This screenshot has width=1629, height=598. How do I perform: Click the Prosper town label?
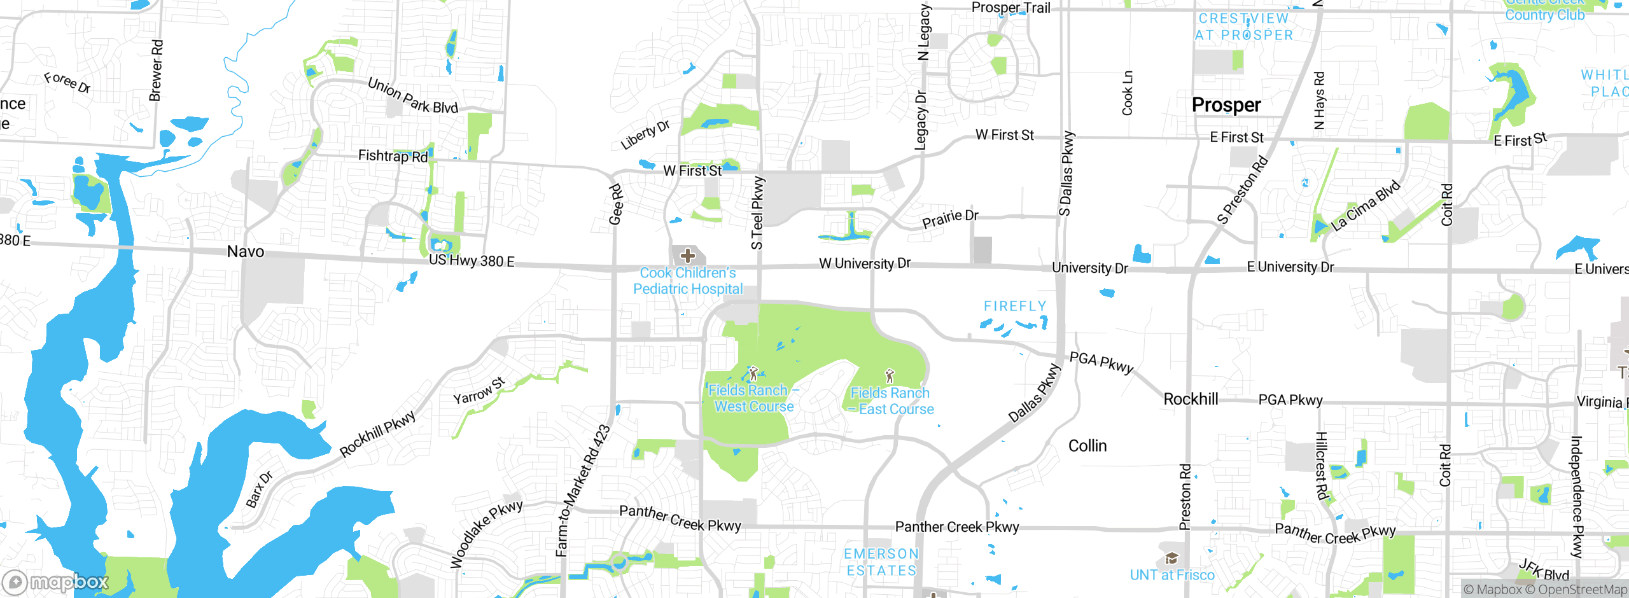tap(1226, 105)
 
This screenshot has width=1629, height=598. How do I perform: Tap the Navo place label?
tap(246, 252)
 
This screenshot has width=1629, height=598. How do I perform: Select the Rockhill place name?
tap(1191, 400)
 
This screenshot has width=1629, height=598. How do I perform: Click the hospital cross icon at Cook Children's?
tap(687, 256)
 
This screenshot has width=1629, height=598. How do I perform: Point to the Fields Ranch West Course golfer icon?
tap(753, 373)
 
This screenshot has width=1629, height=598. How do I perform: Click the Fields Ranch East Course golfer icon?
tap(890, 376)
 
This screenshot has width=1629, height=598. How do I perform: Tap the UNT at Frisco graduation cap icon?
tap(1171, 559)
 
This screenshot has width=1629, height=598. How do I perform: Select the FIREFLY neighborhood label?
tap(1015, 307)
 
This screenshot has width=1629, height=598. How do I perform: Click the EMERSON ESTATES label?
tap(881, 562)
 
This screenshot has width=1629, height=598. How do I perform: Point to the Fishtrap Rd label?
tap(393, 156)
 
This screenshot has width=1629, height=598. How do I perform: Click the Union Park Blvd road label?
tap(412, 96)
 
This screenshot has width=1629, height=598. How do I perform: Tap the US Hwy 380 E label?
tap(472, 261)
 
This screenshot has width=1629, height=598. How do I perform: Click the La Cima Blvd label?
tap(1366, 205)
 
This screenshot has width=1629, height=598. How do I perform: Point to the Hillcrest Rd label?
tap(1321, 466)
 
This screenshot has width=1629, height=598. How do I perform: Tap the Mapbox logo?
tap(56, 581)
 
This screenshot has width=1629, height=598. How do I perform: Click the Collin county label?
tap(1087, 446)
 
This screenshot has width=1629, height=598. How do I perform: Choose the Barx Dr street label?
tap(259, 489)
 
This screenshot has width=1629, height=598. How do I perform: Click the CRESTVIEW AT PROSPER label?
tap(1243, 27)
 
